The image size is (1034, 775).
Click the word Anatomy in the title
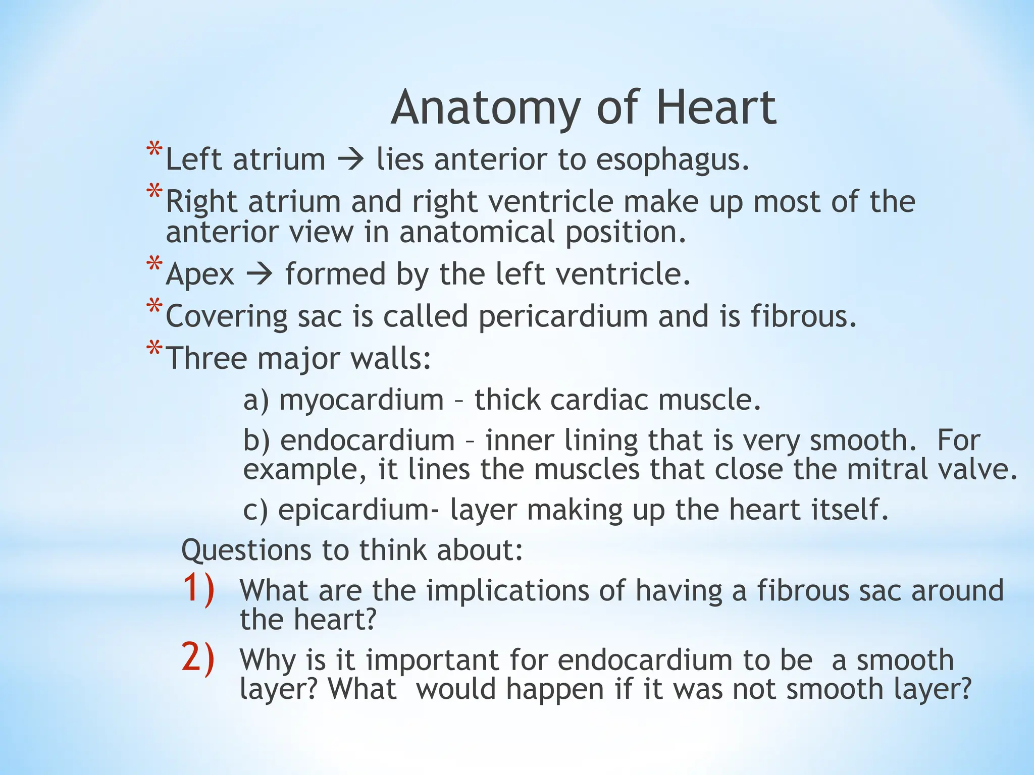click(486, 108)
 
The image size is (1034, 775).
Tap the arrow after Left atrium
click(350, 160)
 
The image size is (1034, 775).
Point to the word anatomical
click(477, 233)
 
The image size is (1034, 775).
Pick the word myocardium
click(361, 400)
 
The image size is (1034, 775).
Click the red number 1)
click(198, 588)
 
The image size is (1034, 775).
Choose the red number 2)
click(198, 658)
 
